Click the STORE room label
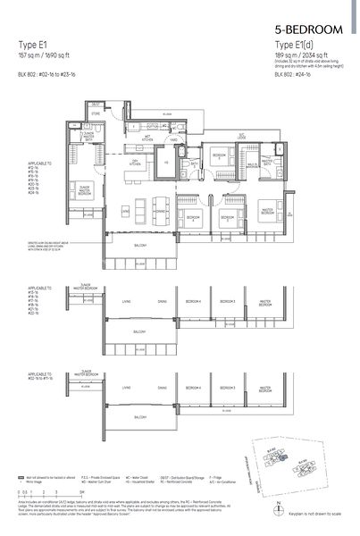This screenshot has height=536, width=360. point(96,114)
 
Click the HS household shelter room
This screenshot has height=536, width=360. point(166,163)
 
